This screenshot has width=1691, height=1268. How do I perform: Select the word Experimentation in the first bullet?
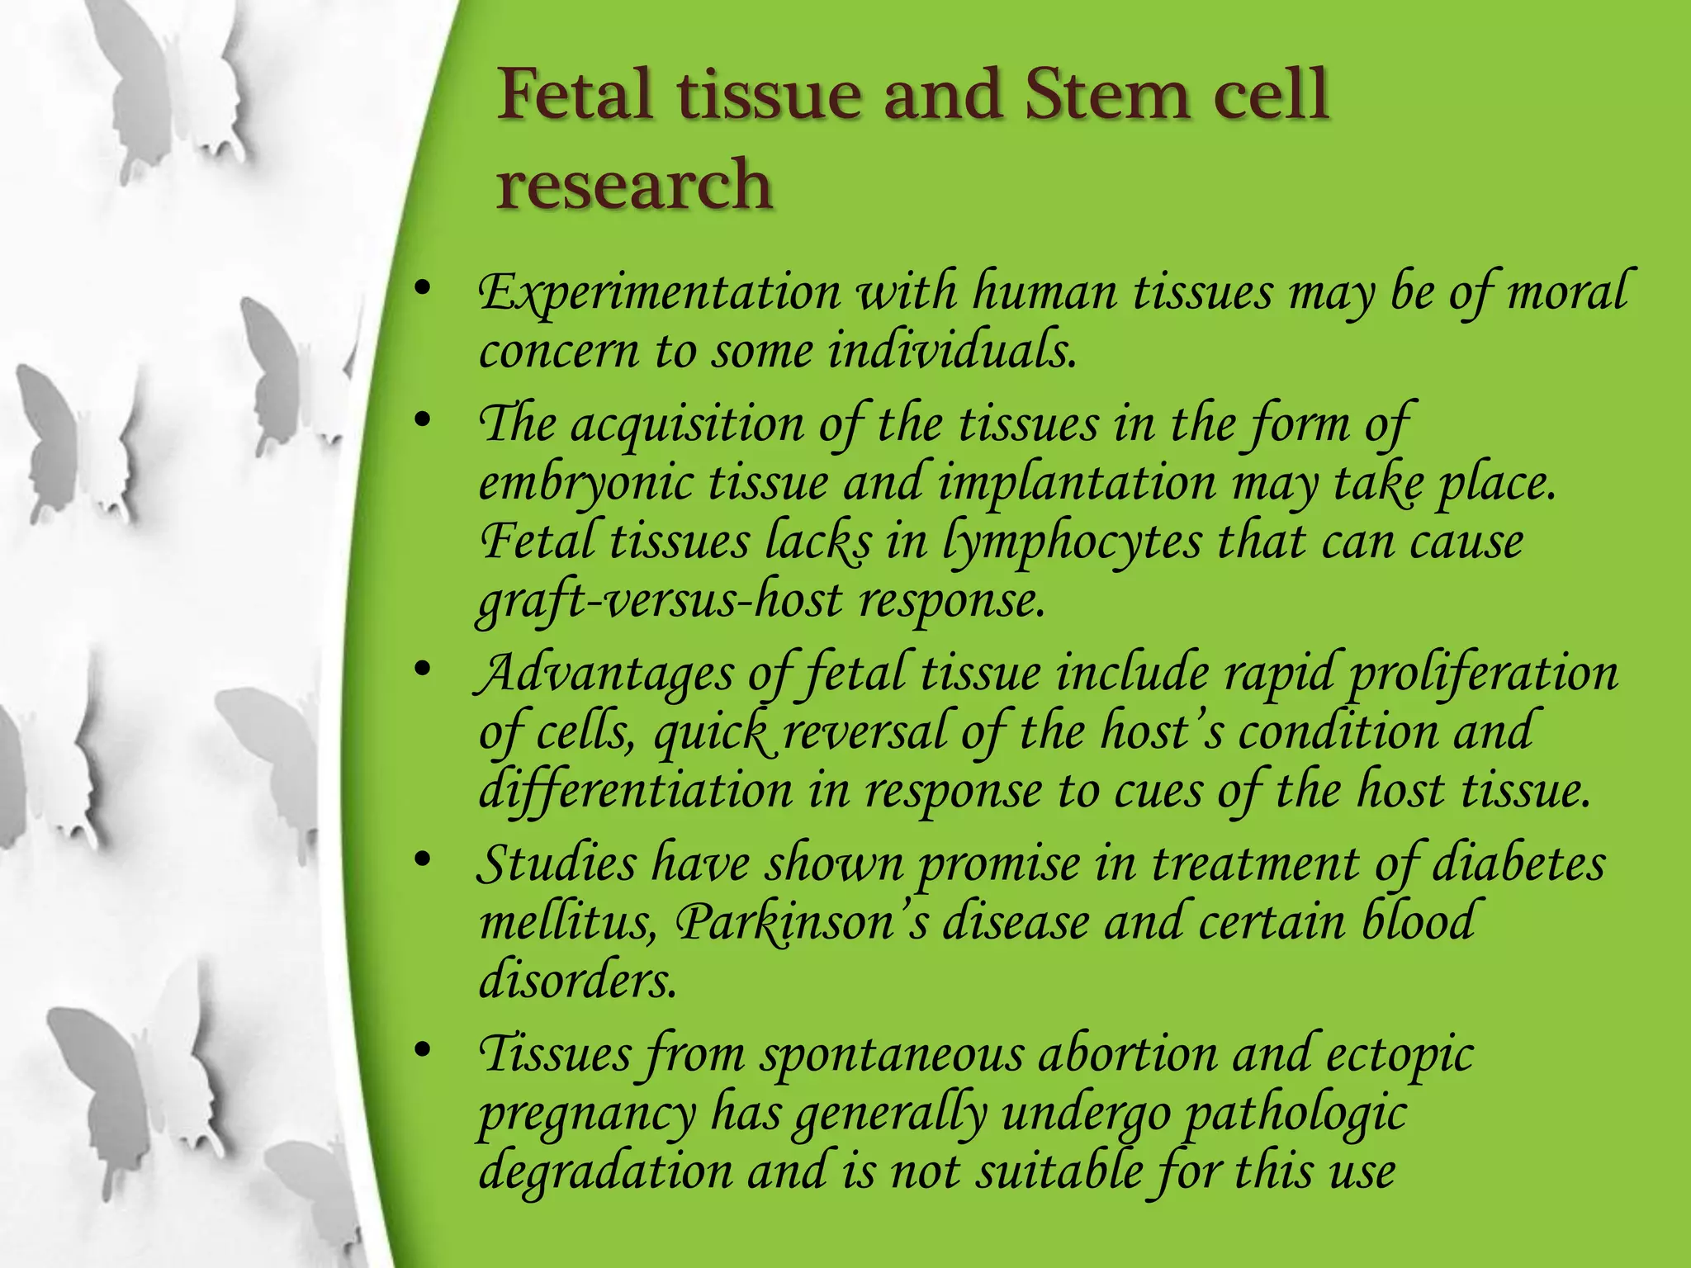660,293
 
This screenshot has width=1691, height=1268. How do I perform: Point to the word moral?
1566,291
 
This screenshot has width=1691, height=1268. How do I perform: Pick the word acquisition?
687,425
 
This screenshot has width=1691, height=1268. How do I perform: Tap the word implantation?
1077,483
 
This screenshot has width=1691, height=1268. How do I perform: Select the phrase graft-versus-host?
661,600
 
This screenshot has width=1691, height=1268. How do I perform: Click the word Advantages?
605,674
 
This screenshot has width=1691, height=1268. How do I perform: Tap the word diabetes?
1518,864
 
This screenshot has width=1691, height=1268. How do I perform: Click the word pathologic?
1295,1114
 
